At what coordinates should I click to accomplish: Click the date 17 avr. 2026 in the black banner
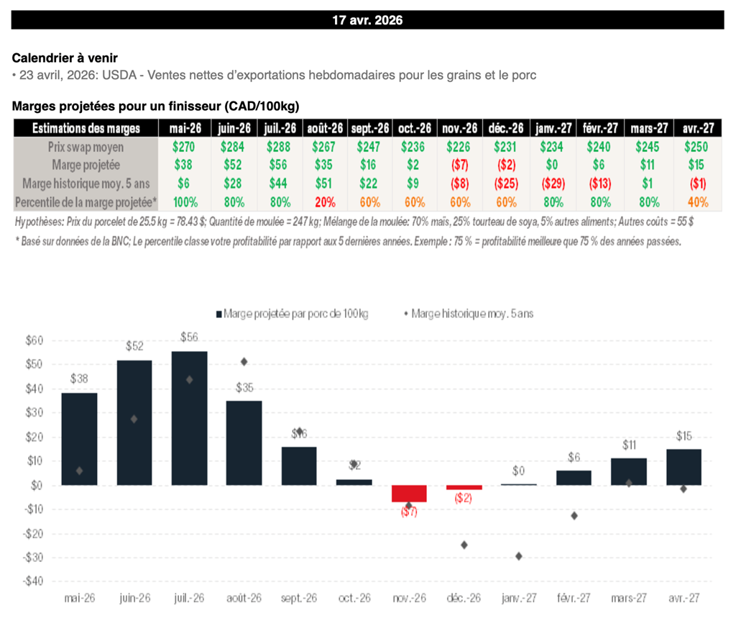pos(367,20)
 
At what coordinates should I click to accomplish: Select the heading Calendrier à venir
pos(65,58)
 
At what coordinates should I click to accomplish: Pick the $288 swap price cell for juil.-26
pos(278,148)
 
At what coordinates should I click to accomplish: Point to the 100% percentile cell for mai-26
pos(186,203)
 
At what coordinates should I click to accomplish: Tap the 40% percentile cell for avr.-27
pos(696,203)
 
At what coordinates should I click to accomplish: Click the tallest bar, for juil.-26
pos(189,417)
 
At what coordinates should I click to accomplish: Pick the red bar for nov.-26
pos(409,493)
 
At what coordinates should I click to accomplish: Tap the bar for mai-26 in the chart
pos(79,439)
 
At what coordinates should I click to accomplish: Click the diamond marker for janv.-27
pos(519,556)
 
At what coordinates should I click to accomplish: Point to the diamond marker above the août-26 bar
pos(244,361)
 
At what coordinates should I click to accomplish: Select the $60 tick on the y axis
pos(33,340)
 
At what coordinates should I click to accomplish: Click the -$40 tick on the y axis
pos(32,581)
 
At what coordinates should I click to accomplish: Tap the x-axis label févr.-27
pos(574,598)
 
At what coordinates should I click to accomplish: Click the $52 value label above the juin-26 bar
pos(134,346)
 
